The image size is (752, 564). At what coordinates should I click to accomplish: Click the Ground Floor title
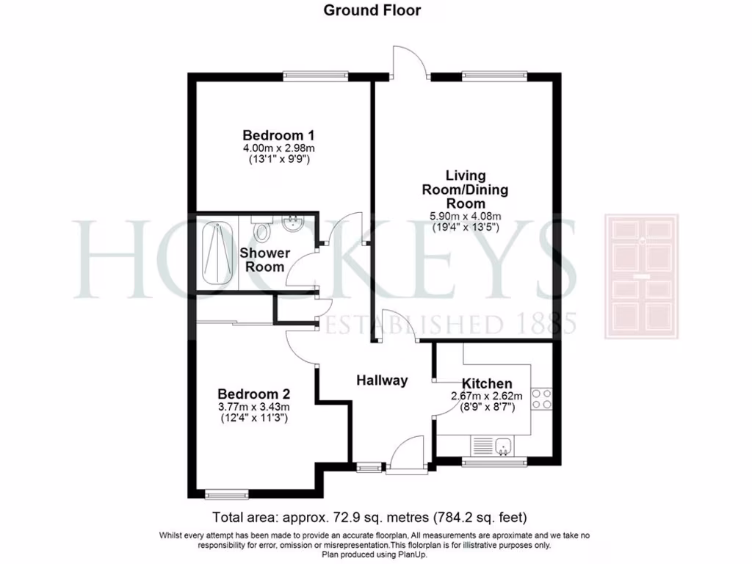coord(372,10)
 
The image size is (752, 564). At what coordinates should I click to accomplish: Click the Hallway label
coord(382,380)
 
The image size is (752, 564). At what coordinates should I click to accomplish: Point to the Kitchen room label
coord(487,383)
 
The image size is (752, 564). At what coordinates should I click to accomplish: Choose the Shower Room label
coord(264,260)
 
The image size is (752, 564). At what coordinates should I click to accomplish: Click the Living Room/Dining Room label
coord(466,189)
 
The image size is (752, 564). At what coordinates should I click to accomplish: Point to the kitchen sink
coord(503,444)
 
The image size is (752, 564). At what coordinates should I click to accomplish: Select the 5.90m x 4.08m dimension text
coord(466,216)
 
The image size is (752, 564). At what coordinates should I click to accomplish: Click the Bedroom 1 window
coord(306,73)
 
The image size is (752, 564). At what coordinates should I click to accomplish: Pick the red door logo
coord(641,276)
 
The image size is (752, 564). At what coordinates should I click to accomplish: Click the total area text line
coord(369,516)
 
